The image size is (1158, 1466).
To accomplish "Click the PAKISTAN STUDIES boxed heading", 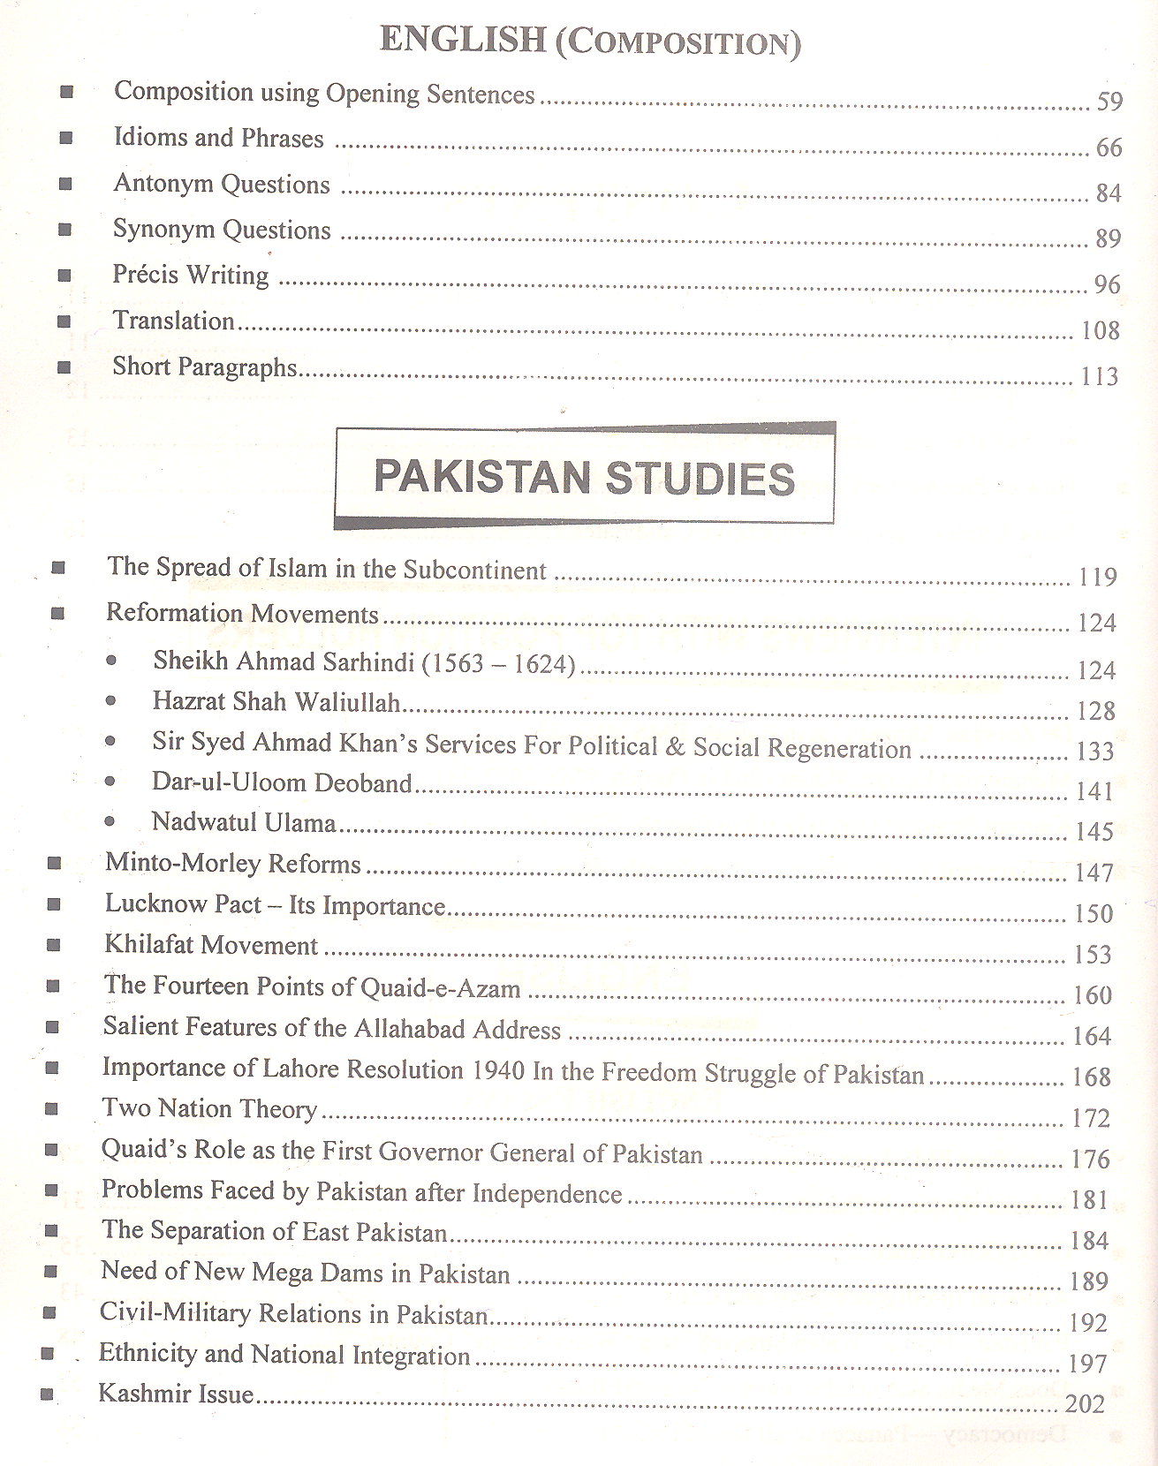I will coord(584,477).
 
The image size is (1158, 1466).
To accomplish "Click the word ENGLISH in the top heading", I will coord(462,40).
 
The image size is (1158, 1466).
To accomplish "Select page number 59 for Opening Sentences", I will coord(1109,102).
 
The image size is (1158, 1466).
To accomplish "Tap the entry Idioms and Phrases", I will coord(218,138).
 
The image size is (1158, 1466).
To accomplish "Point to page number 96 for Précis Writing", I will coord(1107,284).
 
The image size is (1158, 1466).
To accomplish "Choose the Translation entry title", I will coord(173,321).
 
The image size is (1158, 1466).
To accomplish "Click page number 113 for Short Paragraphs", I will coord(1100,377).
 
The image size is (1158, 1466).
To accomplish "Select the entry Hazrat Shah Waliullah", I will coord(276,702).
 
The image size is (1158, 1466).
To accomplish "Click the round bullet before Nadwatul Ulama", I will coord(110,822).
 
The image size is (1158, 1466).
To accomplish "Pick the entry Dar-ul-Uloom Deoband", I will coord(282,783).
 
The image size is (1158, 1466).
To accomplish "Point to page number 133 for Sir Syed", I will coord(1095,752).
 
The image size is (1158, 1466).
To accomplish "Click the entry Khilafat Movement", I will coord(211,945).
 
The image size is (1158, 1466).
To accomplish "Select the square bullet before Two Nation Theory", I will coord(52,1108).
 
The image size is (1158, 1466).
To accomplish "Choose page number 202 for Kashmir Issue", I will coord(1085,1403).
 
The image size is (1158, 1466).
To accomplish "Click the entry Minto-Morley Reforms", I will coord(233,863).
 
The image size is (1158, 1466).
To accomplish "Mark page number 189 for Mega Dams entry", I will coord(1088,1281).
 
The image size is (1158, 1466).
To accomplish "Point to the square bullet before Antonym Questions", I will coord(65,184).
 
